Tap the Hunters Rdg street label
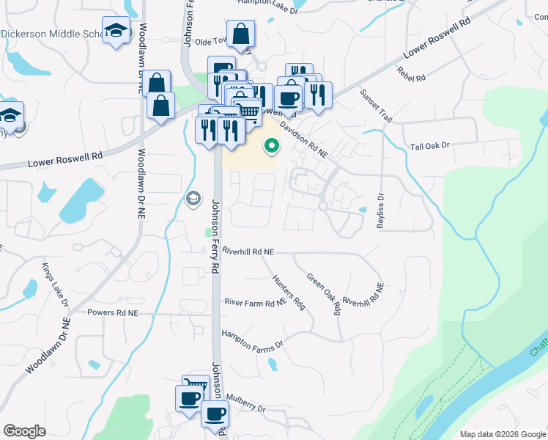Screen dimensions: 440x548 point(288,292)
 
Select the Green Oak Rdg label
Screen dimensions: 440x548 point(325,294)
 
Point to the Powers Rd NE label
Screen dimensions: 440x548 point(112,313)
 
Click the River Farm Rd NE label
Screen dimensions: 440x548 point(254,302)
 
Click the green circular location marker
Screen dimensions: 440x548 point(272,147)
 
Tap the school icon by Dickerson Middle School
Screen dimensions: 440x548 point(115,31)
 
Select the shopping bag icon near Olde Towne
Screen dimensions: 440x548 point(240,33)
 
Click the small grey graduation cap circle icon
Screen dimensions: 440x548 point(193,197)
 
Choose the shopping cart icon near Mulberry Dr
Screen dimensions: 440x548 point(196,386)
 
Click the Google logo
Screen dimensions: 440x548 point(25,431)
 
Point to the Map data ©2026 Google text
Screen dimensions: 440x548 point(502,434)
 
